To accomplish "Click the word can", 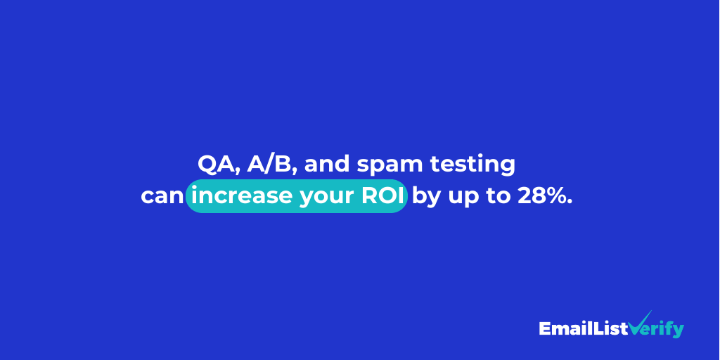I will (x=162, y=197).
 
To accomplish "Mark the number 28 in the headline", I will (x=531, y=196).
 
